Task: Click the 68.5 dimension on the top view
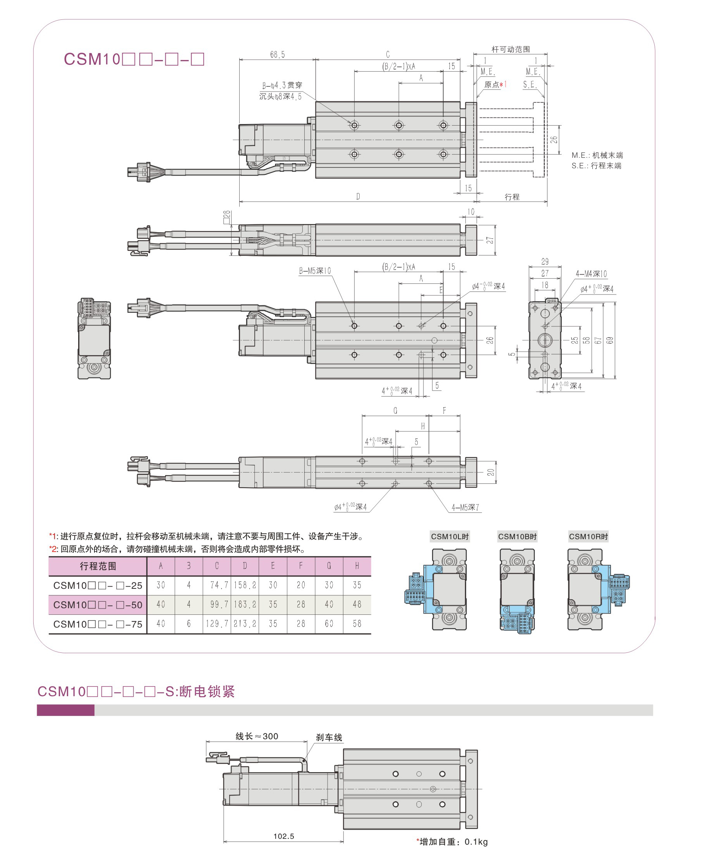pos(277,55)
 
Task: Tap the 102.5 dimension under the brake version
pos(283,836)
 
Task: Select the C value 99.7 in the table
pos(216,604)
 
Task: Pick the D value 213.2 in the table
pos(245,624)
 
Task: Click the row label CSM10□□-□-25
pos(98,585)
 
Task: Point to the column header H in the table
pos(357,566)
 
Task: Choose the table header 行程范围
pos(98,566)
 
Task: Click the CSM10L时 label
pos(449,536)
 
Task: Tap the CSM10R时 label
pos(588,536)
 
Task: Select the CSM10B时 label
pos(517,536)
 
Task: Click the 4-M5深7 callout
pos(465,507)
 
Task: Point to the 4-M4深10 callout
pos(591,274)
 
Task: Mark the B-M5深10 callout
pos(315,271)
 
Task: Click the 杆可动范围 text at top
pos(511,50)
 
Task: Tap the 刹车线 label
pos(329,737)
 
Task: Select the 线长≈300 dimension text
pos(257,736)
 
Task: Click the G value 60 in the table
pos(329,624)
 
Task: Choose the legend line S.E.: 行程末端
pos(596,166)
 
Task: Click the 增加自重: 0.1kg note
pos(453,842)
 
